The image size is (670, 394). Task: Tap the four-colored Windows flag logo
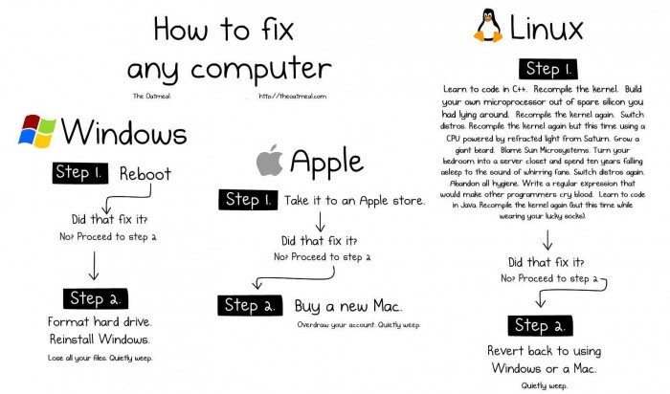coord(36,131)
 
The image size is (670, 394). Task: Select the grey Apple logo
coord(270,162)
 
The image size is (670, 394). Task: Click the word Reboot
coord(145,174)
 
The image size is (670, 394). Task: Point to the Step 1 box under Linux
coord(544,69)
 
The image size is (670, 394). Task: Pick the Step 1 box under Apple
coord(252,200)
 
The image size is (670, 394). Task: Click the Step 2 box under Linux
coord(545,325)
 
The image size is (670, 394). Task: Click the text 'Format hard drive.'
coord(100,321)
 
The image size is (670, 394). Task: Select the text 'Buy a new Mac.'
coord(348,306)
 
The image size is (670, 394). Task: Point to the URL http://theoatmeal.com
coord(291,97)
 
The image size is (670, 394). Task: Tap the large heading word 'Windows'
coord(124,131)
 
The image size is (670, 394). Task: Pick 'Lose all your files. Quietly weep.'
coord(100,358)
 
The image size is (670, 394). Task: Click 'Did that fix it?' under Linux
coord(545,261)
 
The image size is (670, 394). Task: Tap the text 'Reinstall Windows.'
coord(100,339)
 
